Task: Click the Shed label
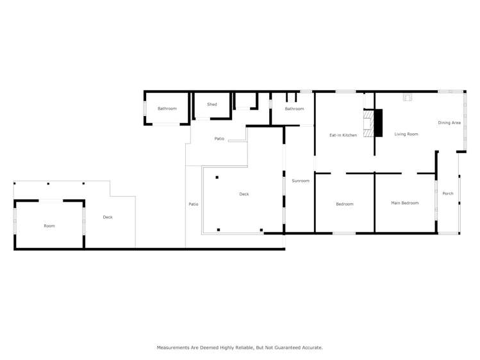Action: coord(211,104)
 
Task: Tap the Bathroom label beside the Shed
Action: coord(167,109)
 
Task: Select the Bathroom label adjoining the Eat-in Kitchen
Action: coord(294,109)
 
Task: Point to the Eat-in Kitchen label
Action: coord(343,135)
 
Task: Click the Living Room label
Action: coord(406,135)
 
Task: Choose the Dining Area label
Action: coord(449,122)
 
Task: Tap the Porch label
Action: coord(448,193)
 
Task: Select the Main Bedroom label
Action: coord(404,203)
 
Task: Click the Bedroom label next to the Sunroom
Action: coord(344,204)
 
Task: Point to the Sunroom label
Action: coord(301,181)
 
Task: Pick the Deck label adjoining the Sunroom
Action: coord(244,194)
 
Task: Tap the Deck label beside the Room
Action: coord(108,217)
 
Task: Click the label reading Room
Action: coord(49,226)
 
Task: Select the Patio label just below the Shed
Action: coord(219,138)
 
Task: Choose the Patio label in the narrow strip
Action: coord(193,204)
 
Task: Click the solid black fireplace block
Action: coord(378,123)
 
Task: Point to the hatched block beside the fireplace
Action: coord(368,123)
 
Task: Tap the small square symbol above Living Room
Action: coord(406,98)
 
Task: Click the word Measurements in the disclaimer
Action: coord(174,347)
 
